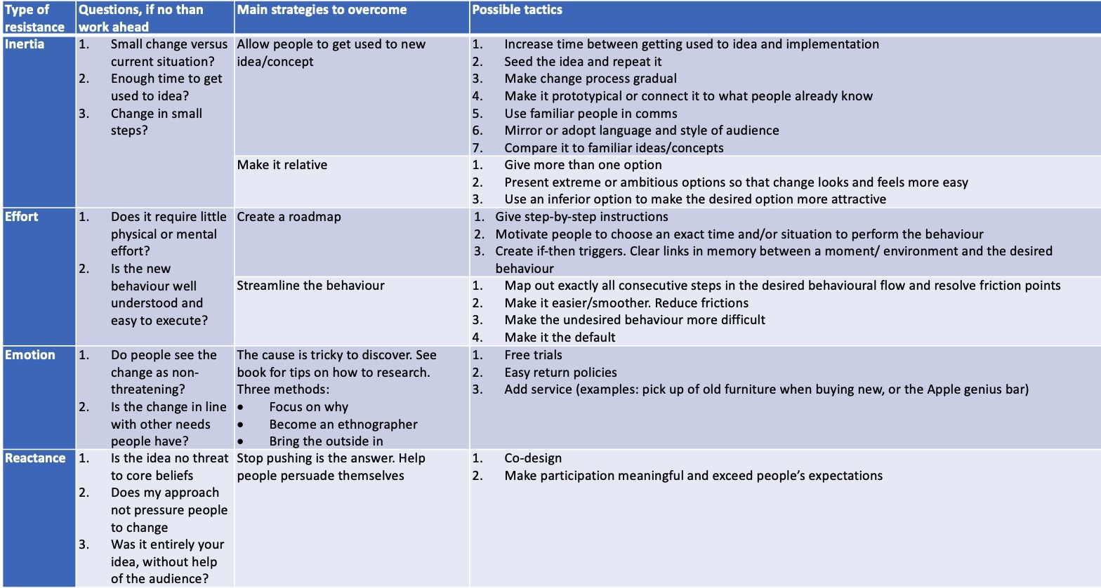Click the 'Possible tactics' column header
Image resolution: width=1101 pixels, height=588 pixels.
tap(517, 10)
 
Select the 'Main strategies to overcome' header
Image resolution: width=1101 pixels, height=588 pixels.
tap(322, 10)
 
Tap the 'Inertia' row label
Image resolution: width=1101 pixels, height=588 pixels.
tap(25, 44)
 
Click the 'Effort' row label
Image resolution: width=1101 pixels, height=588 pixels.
tap(22, 217)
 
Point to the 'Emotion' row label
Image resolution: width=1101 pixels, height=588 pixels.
tap(30, 355)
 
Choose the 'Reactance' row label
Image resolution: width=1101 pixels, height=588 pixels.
tap(35, 458)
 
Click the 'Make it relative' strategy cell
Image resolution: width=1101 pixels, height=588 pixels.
tap(282, 165)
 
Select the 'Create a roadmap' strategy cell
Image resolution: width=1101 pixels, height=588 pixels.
tap(289, 217)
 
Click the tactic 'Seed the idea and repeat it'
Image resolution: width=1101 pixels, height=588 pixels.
tap(583, 62)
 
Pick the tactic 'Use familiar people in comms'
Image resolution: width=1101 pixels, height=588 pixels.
tap(591, 114)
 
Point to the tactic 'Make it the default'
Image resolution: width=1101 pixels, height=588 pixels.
tap(560, 338)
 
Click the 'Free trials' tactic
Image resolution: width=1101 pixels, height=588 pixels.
tap(533, 355)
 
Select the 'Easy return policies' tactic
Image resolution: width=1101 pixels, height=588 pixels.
tap(560, 373)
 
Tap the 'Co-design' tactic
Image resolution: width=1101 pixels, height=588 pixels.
tap(533, 458)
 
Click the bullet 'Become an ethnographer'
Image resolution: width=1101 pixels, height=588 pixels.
tap(343, 425)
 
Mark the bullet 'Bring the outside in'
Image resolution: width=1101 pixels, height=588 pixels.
tap(326, 441)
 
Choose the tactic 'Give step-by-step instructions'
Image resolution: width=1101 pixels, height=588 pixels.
tap(581, 217)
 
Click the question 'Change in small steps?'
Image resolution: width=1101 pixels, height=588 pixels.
tap(156, 122)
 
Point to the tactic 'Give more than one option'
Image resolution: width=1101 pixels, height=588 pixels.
tap(583, 165)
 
